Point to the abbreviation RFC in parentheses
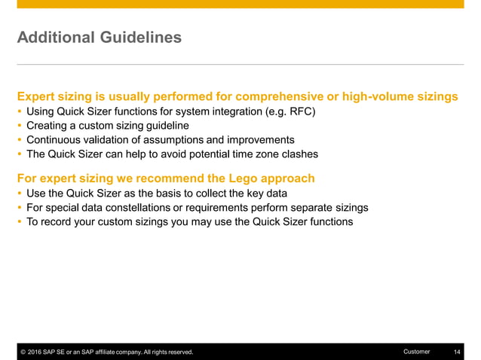(299, 112)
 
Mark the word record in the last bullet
(56, 222)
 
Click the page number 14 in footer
(457, 352)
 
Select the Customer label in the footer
(416, 352)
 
